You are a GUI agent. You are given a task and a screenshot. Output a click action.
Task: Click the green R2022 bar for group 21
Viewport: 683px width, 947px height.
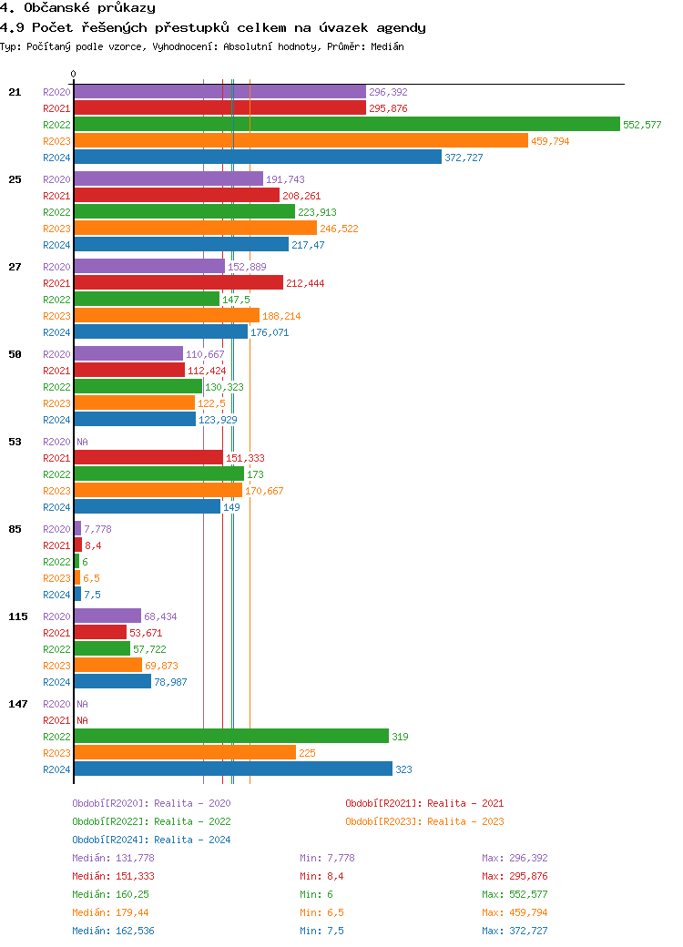tap(346, 125)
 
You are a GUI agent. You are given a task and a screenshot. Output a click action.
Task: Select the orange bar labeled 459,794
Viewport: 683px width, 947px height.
tap(301, 141)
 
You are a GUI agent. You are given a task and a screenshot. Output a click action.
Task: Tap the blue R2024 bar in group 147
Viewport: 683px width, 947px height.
tap(232, 769)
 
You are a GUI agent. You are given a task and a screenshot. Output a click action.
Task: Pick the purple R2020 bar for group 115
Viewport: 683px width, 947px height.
tap(107, 616)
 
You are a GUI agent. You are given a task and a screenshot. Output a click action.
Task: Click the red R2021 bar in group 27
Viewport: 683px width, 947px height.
tap(178, 283)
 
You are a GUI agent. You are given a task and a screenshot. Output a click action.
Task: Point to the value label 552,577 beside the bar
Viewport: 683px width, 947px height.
tap(642, 125)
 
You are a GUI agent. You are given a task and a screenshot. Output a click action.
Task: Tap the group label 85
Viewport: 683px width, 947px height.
tap(15, 529)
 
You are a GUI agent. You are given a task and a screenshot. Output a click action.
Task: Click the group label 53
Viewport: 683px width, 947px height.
tap(15, 442)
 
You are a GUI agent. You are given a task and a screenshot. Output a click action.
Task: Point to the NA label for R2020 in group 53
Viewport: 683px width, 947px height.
tap(82, 442)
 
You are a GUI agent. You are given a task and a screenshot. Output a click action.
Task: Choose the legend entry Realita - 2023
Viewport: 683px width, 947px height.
tap(424, 821)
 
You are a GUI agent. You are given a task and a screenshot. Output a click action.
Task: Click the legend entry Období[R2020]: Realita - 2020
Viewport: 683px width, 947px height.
tap(151, 803)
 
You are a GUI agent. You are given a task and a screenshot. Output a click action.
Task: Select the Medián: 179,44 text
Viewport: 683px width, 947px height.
tap(110, 912)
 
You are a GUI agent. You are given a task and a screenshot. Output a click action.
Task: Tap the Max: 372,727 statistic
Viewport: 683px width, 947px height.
tap(515, 931)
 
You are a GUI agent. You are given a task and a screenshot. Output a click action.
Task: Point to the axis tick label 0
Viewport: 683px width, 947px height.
tap(74, 74)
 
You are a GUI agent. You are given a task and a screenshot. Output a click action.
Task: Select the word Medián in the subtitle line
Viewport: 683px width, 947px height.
tap(386, 46)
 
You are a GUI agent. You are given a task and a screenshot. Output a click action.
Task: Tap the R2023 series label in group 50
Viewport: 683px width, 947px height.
tap(56, 403)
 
